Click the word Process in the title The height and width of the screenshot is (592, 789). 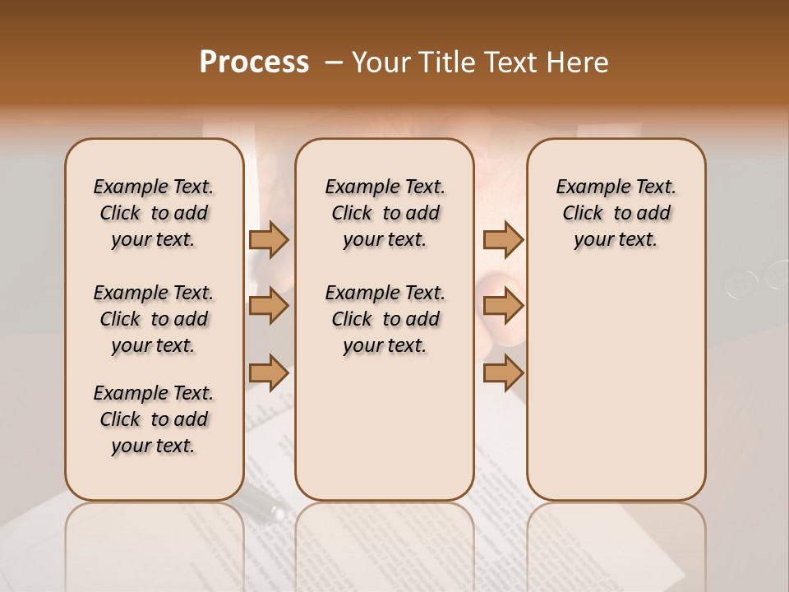254,62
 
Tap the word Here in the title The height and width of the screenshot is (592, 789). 579,62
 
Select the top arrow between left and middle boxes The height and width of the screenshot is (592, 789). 269,239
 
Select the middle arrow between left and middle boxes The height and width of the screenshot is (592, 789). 269,306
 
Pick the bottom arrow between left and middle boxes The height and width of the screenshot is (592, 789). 269,373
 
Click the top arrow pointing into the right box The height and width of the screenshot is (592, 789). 503,239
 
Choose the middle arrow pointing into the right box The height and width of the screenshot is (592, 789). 503,306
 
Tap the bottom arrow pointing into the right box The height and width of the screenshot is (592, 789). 503,373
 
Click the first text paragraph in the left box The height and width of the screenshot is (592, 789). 154,213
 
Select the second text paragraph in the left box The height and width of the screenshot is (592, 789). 154,319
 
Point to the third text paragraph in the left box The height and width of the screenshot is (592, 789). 154,419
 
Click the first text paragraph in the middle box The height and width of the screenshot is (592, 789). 385,213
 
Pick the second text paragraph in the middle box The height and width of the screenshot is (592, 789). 385,319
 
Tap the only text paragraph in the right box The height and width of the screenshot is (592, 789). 616,213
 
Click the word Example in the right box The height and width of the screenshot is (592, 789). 587,187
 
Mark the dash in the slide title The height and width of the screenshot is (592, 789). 334,62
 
